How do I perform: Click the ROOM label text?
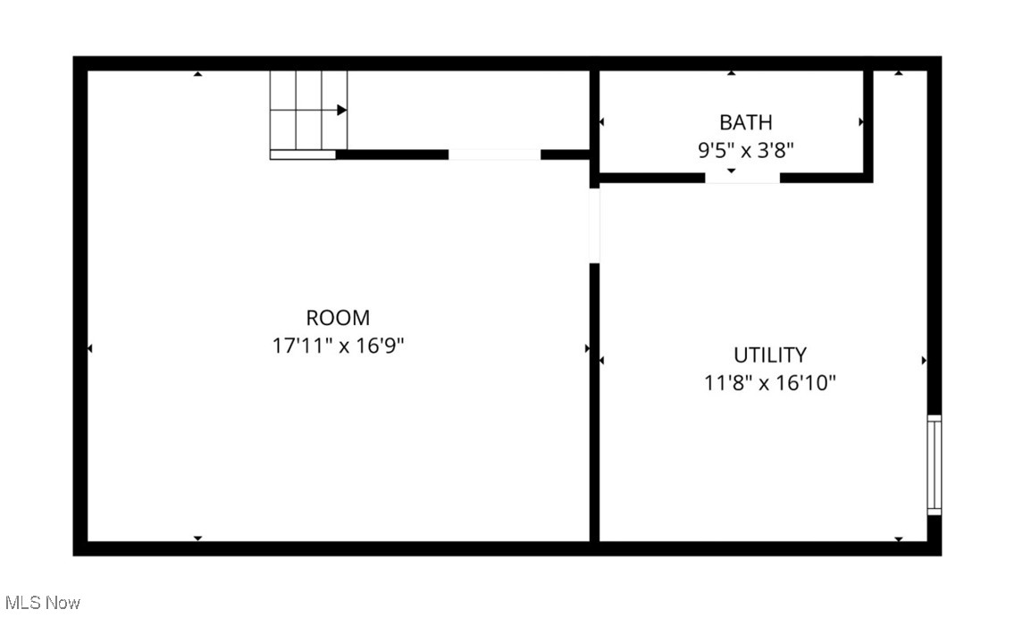click(x=338, y=318)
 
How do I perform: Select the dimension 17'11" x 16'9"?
click(x=338, y=346)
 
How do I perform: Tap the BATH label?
click(x=746, y=122)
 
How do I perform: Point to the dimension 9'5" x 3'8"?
click(x=746, y=150)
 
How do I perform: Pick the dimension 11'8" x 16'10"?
click(x=770, y=383)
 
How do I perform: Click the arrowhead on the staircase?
click(x=342, y=110)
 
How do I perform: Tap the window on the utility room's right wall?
click(x=934, y=464)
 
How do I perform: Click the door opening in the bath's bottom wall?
click(x=742, y=178)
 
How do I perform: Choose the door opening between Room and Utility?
click(x=594, y=225)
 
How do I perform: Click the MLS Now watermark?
click(x=41, y=603)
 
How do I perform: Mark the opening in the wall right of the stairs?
click(x=494, y=154)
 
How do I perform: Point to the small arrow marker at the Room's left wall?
click(x=89, y=347)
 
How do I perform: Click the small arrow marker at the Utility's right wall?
click(x=924, y=360)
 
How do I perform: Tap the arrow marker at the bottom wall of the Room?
click(x=197, y=538)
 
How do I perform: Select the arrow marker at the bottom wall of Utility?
click(x=898, y=539)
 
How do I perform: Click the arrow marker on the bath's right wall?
click(x=861, y=121)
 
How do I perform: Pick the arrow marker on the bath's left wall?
click(x=601, y=121)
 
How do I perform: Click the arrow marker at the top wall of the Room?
click(x=197, y=74)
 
